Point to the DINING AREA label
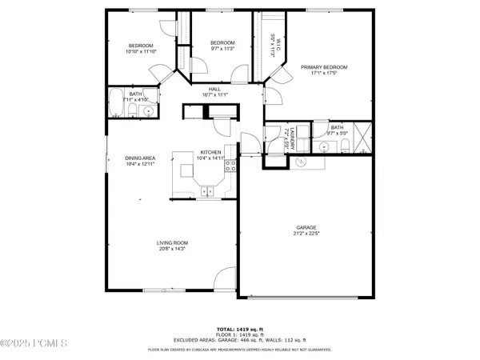139,158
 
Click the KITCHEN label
210,152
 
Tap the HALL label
214,89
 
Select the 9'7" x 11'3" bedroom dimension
222,49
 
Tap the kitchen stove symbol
230,166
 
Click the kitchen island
188,170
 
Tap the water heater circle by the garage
302,161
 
